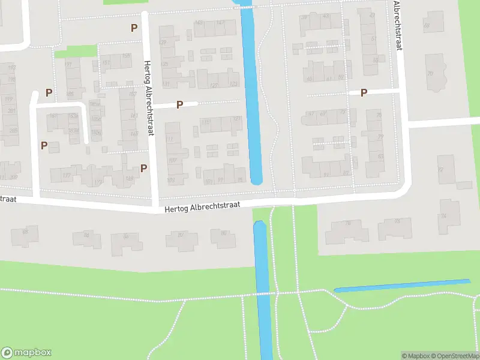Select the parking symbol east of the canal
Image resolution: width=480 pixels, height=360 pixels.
click(x=364, y=92)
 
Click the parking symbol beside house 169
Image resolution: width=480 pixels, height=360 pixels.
click(x=143, y=168)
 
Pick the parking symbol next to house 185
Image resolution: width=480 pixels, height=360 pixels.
click(x=49, y=93)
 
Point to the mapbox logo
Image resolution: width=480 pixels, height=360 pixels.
click(x=26, y=352)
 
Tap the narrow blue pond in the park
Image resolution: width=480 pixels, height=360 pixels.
click(x=402, y=285)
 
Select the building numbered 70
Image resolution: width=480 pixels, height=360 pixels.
click(x=430, y=74)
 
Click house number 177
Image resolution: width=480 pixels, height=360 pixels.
click(x=67, y=175)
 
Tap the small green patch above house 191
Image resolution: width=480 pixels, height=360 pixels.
click(x=76, y=52)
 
